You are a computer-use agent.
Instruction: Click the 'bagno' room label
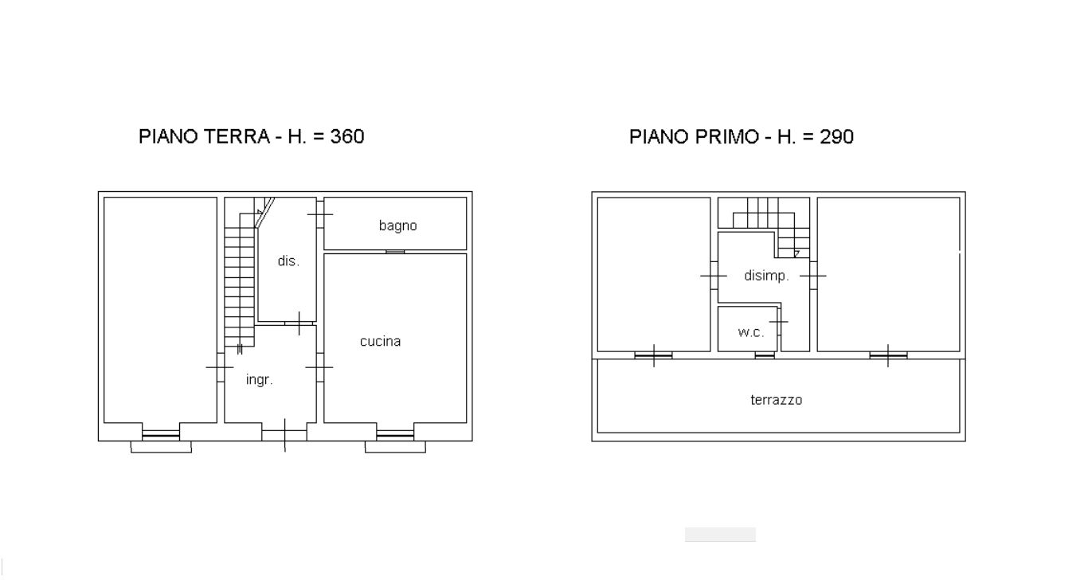point(397,225)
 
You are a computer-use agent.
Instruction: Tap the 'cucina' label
point(380,342)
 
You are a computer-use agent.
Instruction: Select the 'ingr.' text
point(260,379)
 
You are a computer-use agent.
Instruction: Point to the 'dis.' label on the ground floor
point(288,261)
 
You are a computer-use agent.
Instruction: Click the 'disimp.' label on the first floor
point(766,276)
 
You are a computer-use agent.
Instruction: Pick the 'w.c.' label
point(751,332)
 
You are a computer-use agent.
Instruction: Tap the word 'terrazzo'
point(776,400)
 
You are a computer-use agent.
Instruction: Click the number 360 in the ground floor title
point(347,136)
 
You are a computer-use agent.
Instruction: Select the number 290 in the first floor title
point(836,137)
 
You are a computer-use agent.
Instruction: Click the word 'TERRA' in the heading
point(237,136)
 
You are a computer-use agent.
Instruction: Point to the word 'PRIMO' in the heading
point(726,137)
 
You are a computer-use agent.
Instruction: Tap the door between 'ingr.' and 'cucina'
point(319,367)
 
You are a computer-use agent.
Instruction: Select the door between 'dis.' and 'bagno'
point(320,214)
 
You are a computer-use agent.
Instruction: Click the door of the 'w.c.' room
point(779,322)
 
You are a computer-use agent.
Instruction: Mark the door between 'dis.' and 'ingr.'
point(299,323)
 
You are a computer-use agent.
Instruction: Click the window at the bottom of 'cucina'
point(395,435)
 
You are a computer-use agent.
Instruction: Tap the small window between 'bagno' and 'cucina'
point(395,252)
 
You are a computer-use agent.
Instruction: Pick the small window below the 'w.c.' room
point(765,355)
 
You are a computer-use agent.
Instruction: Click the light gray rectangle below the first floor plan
point(720,535)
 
